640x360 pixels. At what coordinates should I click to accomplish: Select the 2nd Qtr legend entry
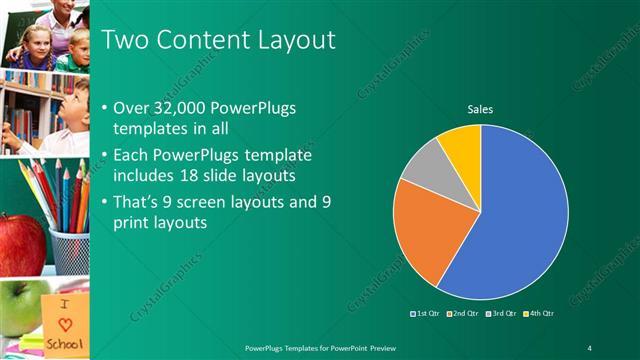[461, 313]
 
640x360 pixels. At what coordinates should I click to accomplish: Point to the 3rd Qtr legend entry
[499, 313]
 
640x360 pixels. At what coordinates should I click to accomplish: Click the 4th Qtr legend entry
[537, 313]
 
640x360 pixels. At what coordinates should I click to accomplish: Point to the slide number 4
[589, 347]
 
